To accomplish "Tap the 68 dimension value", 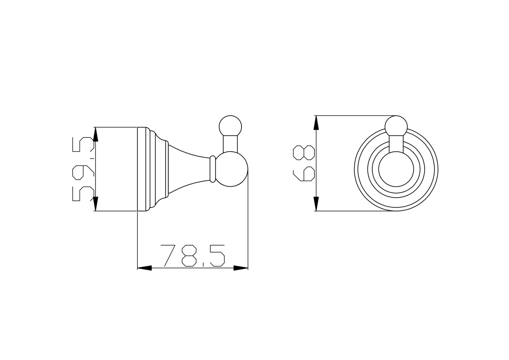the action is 304,163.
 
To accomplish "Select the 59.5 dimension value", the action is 83,169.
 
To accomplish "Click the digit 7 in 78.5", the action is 168,256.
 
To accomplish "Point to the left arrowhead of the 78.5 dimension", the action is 144,268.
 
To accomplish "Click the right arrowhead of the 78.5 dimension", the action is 241,268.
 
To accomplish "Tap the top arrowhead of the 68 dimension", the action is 316,123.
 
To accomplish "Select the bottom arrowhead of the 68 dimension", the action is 316,204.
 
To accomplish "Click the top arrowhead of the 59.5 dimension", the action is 96,134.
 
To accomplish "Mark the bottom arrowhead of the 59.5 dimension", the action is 96,204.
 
